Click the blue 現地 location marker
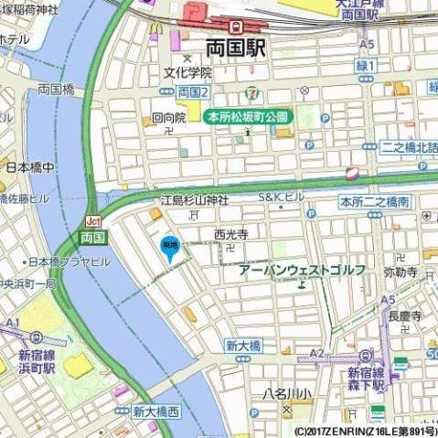tap(170, 248)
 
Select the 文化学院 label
tap(187, 72)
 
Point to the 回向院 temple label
tap(168, 118)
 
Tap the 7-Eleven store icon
tap(251, 93)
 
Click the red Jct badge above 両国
tap(92, 221)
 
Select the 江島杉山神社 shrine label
tap(195, 200)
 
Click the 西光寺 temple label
tap(231, 234)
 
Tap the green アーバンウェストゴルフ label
tap(302, 270)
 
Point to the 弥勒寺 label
tap(400, 272)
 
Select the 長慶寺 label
tap(404, 315)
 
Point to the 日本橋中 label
tap(30, 168)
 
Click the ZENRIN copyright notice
tap(365, 430)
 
